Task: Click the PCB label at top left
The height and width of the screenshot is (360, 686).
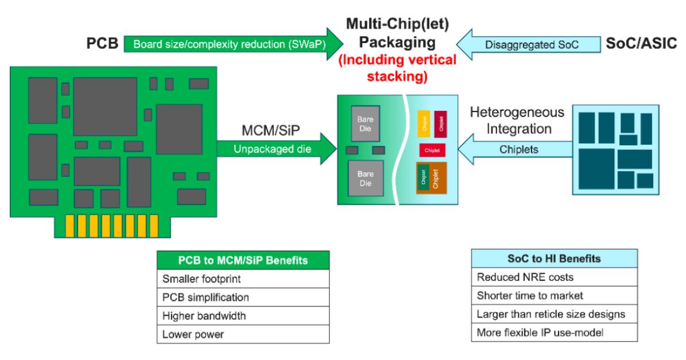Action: click(x=101, y=44)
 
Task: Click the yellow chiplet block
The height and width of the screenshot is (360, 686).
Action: click(x=424, y=123)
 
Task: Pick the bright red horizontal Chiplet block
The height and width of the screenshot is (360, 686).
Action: click(x=432, y=150)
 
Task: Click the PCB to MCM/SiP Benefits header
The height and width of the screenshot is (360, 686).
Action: click(x=243, y=260)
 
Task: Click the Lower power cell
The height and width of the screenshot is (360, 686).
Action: click(x=243, y=334)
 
